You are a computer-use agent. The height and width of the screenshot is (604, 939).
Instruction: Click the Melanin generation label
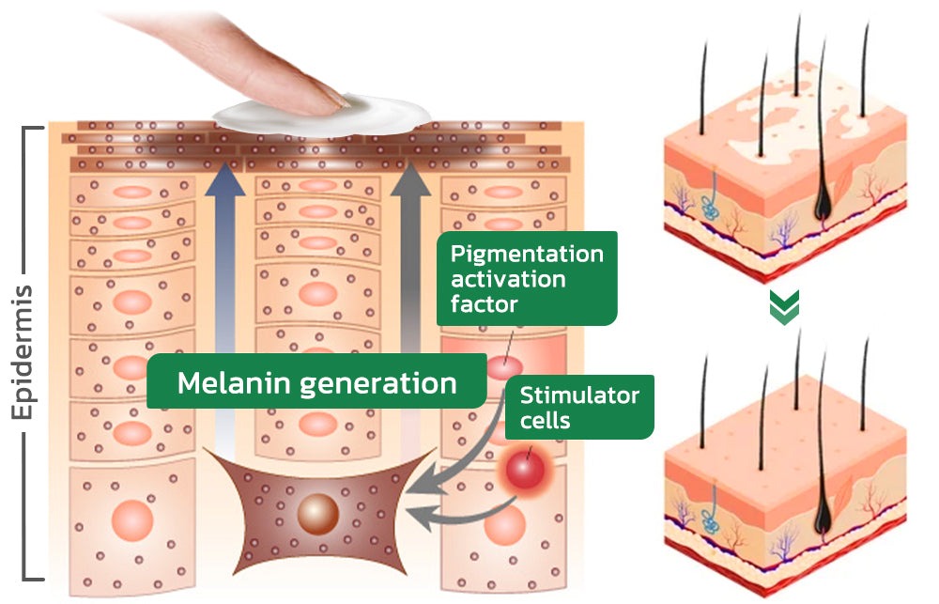(316, 382)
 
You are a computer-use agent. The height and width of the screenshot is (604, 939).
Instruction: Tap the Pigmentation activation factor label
(527, 278)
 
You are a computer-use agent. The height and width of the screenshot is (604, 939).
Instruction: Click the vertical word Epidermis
(23, 352)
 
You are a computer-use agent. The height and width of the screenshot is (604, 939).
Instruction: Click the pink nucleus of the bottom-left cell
(132, 519)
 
